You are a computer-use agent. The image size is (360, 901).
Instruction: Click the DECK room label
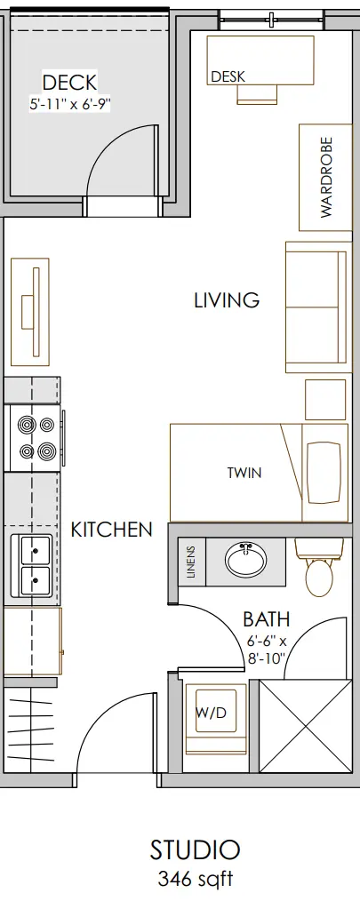click(69, 82)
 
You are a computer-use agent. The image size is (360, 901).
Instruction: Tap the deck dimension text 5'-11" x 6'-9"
click(69, 104)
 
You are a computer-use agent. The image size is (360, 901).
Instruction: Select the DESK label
click(228, 76)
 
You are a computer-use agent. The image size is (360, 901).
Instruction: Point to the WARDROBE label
click(326, 177)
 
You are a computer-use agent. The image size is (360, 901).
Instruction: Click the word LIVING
click(227, 300)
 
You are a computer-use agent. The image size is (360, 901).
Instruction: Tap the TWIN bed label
click(244, 473)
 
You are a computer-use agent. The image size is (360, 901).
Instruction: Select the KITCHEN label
click(112, 530)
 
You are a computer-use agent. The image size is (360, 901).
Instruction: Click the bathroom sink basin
click(245, 561)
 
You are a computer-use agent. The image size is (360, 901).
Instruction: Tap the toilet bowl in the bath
click(319, 577)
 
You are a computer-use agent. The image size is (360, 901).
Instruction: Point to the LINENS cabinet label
click(191, 562)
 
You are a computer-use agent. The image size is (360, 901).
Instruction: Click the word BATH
click(267, 619)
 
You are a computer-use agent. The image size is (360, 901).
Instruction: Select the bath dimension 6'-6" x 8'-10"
click(267, 649)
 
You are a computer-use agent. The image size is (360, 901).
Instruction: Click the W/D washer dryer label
click(212, 714)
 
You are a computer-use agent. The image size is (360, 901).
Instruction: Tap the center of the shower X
click(305, 726)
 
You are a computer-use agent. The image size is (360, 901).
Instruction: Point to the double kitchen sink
click(36, 565)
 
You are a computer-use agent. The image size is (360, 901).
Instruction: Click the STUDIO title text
click(195, 849)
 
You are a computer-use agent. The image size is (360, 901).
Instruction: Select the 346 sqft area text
click(196, 879)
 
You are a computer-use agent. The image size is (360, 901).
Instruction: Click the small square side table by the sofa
click(325, 399)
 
